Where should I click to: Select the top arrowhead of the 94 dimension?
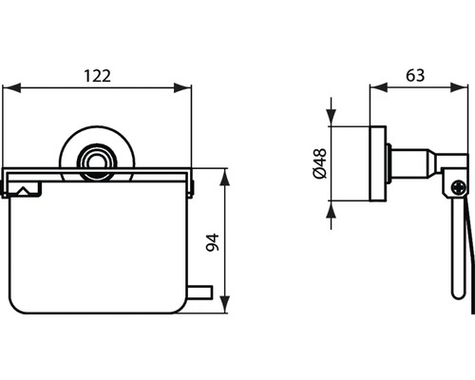point(225,178)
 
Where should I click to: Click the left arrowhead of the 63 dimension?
point(375,91)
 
